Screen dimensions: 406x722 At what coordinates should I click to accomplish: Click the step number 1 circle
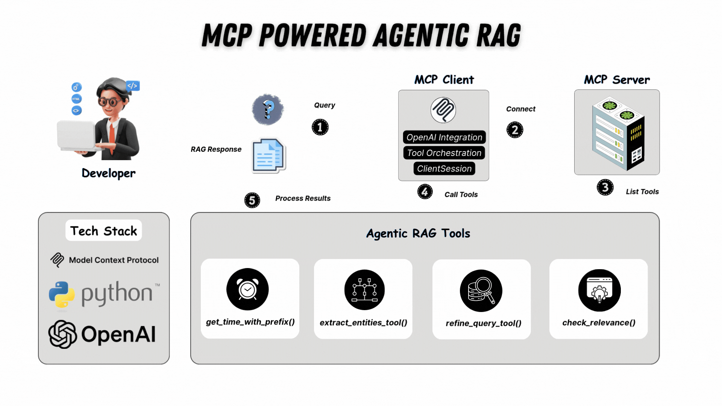tap(320, 127)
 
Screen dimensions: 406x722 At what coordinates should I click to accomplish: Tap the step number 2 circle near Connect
tap(515, 130)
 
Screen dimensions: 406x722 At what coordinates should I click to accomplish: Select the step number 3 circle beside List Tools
tap(605, 187)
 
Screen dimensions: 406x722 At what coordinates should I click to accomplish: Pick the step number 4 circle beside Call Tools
tap(425, 192)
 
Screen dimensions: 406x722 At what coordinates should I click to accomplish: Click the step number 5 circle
tap(252, 200)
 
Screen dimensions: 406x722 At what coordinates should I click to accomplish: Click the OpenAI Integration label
tap(444, 137)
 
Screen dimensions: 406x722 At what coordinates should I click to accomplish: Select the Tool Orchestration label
tap(444, 153)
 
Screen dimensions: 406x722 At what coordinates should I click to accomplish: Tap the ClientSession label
tap(444, 169)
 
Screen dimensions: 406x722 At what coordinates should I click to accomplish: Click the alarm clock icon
tap(247, 289)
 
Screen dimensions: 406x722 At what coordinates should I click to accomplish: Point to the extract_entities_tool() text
tap(363, 323)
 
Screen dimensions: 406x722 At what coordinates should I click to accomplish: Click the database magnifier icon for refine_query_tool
tap(481, 291)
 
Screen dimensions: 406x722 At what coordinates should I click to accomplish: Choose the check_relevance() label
tap(599, 323)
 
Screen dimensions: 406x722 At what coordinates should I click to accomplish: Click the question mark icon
tap(268, 109)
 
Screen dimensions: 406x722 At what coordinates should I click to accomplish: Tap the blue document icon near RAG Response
tap(268, 156)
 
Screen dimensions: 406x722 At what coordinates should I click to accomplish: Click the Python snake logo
tap(62, 295)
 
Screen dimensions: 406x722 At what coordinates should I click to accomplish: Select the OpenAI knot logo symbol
tap(62, 334)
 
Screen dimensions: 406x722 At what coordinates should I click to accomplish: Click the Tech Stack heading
tap(103, 231)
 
